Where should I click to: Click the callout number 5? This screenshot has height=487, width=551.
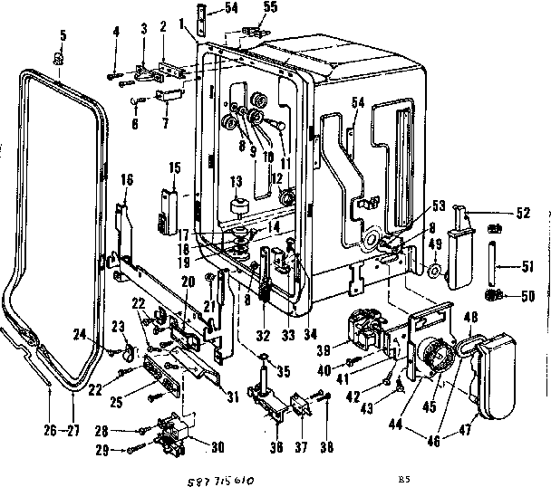pos(63,35)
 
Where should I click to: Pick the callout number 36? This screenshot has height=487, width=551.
pos(277,445)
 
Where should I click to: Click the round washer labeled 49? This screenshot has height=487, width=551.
pos(435,270)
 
